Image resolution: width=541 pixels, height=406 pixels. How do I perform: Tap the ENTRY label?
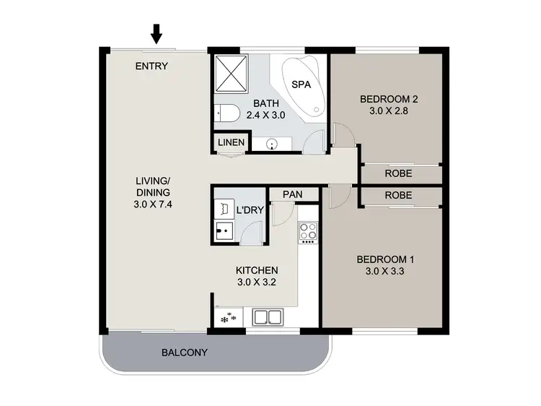(151, 66)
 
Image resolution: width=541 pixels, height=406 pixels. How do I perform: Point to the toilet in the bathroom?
(224, 113)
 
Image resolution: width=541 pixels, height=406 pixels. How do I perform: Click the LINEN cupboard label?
(231, 143)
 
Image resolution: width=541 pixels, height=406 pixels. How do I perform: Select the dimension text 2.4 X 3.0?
(266, 115)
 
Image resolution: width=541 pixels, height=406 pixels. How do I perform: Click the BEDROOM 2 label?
(390, 100)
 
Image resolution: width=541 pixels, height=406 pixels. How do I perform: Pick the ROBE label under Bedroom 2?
(398, 173)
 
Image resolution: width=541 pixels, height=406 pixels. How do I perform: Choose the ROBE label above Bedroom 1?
(398, 195)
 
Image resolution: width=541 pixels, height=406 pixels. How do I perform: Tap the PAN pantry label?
(292, 195)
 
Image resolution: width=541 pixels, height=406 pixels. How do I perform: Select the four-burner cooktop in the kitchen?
(309, 233)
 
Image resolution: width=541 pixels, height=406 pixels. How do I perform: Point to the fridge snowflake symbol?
(227, 318)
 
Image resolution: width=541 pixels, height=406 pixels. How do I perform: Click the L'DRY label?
(249, 211)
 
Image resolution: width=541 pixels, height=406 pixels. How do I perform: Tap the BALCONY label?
(184, 353)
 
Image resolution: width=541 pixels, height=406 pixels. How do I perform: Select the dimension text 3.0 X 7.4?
(152, 204)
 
